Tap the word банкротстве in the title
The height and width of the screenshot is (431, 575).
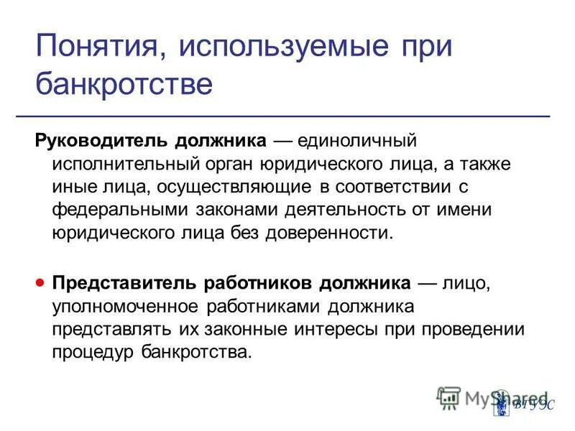(124, 85)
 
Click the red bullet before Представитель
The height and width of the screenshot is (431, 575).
(40, 282)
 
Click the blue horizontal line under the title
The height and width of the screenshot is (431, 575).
(293, 115)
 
